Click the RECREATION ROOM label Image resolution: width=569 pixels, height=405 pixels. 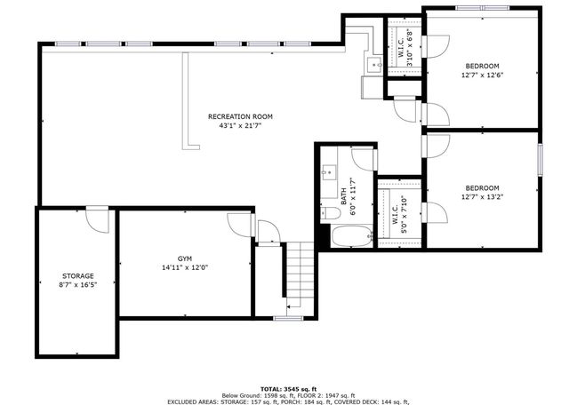click(240, 116)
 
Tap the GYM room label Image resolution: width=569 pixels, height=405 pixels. click(185, 258)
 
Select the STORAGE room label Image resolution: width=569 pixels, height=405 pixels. click(78, 276)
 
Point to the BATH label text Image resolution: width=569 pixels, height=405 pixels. click(344, 196)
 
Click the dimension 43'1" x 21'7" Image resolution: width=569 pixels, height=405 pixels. click(240, 126)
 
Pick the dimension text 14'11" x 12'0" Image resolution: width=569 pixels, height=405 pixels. click(185, 268)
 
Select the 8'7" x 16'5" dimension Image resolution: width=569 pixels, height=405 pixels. click(78, 285)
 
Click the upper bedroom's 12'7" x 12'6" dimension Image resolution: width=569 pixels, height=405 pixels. click(482, 75)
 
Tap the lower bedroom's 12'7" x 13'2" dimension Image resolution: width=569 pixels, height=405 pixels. click(482, 197)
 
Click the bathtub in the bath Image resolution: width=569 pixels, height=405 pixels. click(352, 236)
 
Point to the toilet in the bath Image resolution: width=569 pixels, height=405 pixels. click(331, 213)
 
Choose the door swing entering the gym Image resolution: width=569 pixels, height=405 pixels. click(239, 226)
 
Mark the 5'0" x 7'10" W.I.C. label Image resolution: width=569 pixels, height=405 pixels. click(399, 215)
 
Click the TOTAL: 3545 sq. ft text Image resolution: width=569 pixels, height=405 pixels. click(288, 389)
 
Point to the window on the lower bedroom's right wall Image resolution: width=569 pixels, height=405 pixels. click(540, 160)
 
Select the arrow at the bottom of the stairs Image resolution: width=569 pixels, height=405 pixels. click(293, 306)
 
